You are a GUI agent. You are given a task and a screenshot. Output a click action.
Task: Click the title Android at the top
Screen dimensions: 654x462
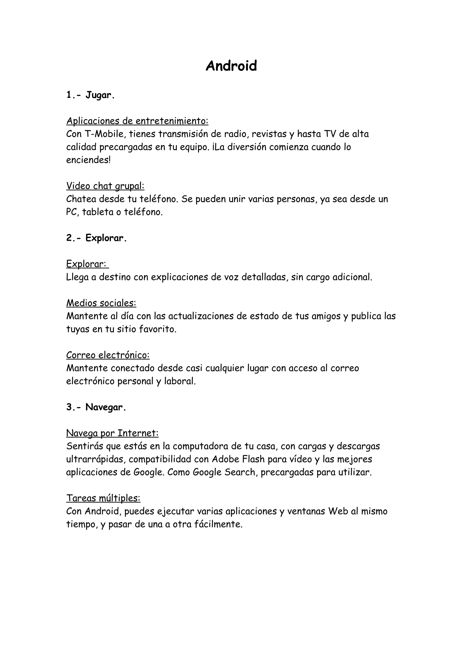(x=231, y=66)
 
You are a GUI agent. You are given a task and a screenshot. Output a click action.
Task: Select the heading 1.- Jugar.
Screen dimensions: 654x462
(x=90, y=95)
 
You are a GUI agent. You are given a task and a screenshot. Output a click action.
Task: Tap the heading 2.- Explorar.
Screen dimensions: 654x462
(x=96, y=238)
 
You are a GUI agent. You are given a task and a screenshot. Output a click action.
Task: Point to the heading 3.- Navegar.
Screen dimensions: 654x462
(x=96, y=407)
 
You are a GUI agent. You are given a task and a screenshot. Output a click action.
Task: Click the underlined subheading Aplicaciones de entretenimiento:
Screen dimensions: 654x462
(x=137, y=121)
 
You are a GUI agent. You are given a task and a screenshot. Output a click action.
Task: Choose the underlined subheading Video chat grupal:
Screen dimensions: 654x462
(x=105, y=186)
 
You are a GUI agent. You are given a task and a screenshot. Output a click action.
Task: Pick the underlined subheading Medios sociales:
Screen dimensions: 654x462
(x=101, y=303)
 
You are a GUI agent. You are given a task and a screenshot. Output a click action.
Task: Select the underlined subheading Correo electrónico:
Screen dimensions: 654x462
(x=108, y=355)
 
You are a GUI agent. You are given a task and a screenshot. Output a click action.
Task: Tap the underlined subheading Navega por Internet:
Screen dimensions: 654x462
(x=112, y=433)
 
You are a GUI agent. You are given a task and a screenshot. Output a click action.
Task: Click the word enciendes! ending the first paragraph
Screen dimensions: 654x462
(x=88, y=160)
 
